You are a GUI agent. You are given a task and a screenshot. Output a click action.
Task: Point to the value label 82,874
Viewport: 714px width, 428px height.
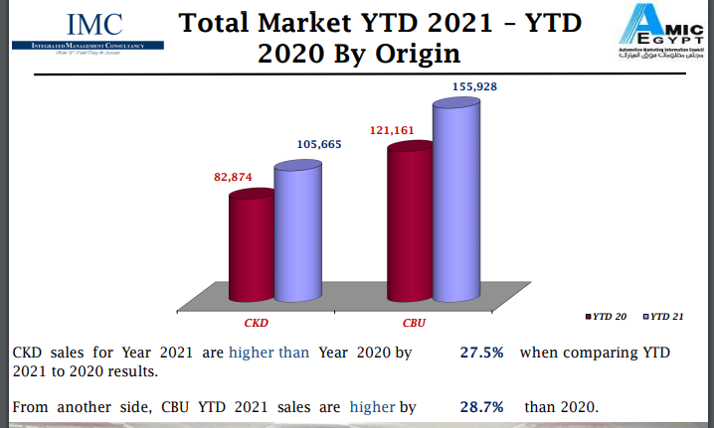click(234, 177)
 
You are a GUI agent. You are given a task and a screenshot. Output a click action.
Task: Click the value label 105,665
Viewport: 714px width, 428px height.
click(319, 144)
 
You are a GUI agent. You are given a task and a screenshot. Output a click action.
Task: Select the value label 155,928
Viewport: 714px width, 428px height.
click(474, 87)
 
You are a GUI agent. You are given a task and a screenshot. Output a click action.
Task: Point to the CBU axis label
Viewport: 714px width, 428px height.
click(414, 324)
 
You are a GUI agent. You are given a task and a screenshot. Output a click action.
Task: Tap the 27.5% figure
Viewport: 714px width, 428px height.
click(481, 353)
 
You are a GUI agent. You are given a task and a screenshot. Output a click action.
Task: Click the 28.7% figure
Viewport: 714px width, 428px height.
click(481, 406)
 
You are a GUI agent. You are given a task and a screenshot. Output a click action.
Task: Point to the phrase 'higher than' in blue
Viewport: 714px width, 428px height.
click(268, 353)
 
